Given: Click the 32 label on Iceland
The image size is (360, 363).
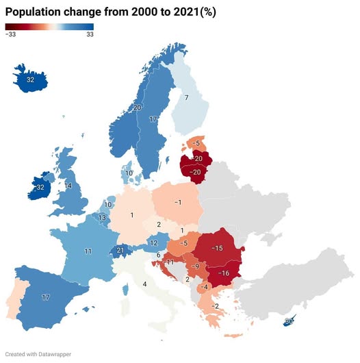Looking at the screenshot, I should tap(30, 80).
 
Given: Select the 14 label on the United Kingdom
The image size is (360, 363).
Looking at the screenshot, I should tap(68, 186).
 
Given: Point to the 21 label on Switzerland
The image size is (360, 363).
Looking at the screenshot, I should tap(121, 251).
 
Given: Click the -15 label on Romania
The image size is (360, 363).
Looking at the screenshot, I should tap(218, 247).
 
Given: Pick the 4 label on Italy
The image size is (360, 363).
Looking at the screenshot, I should tap(144, 284).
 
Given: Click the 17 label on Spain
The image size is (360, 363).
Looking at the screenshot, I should tap(46, 297).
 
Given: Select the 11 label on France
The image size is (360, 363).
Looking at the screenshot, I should tap(88, 251).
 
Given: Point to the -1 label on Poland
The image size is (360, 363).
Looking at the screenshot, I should tap(177, 203).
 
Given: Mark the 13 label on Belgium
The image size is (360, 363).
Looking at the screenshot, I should tap(102, 218).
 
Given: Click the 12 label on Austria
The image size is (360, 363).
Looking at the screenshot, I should tap(154, 242).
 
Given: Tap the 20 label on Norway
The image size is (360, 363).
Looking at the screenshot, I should tap(137, 108).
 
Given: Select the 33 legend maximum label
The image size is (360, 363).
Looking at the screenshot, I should tap(90, 34).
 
